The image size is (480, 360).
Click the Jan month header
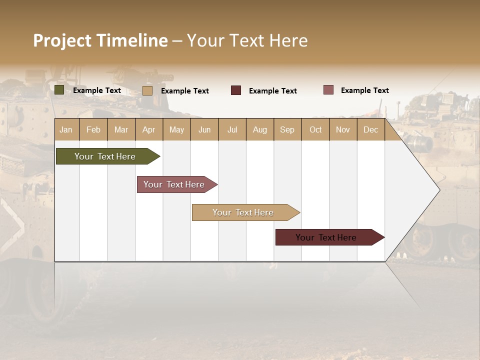[66, 129]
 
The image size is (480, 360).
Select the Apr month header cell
[149, 129]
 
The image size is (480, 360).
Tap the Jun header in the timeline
[204, 129]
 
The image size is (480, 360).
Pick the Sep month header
[287, 129]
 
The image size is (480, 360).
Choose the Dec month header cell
[370, 129]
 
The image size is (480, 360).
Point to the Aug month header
[260, 129]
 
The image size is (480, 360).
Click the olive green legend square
[59, 90]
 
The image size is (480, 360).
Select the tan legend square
[147, 90]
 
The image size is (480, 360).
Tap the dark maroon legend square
[235, 90]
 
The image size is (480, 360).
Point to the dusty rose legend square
[328, 90]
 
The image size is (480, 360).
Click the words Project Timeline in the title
[100, 40]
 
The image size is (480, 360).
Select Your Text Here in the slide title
[247, 40]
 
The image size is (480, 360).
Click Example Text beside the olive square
[97, 90]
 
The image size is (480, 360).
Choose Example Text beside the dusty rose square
[364, 90]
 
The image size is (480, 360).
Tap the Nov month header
[343, 129]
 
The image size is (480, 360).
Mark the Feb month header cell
[93, 129]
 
